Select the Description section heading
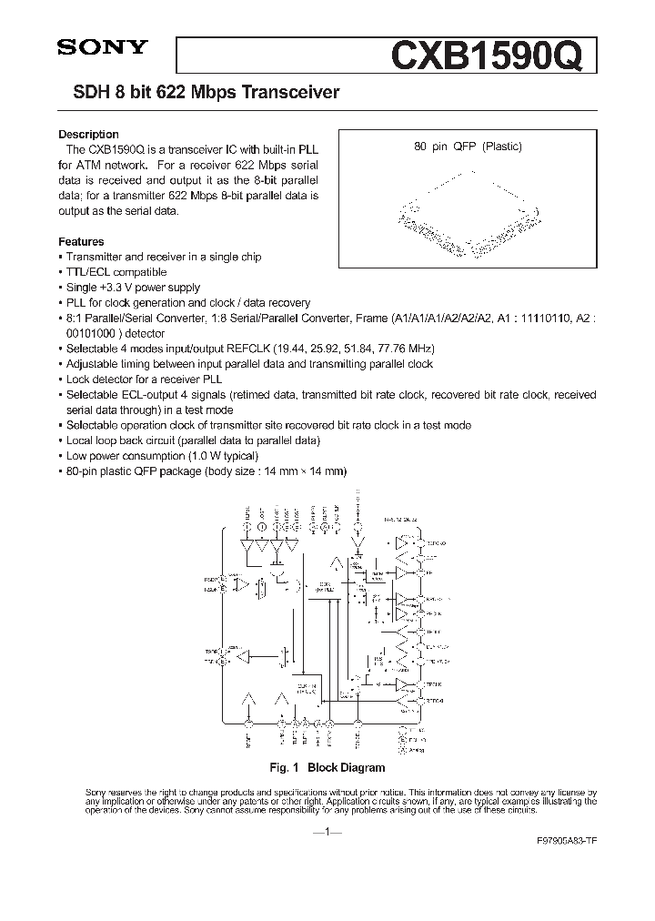click(x=88, y=135)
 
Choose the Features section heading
click(x=81, y=242)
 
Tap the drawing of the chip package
click(x=469, y=214)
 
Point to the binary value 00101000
click(x=92, y=332)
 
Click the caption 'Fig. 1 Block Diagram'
click(x=327, y=767)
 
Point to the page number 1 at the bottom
click(x=327, y=833)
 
